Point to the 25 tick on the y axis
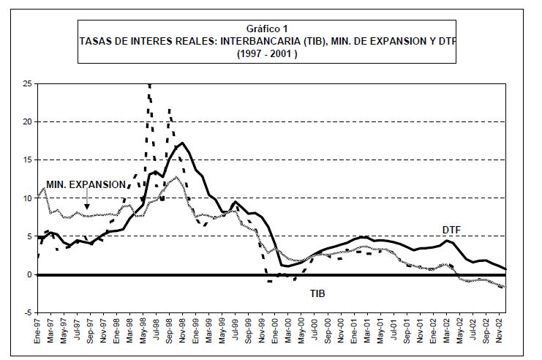27,84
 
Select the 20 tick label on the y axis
27,122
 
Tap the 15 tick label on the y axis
27,160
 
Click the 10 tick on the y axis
27,198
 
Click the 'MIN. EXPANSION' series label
86,184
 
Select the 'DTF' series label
452,230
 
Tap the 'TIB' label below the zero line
317,293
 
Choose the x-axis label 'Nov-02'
499,329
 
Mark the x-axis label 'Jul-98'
157,329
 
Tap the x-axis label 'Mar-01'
367,329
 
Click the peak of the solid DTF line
182,143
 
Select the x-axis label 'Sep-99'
249,329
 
